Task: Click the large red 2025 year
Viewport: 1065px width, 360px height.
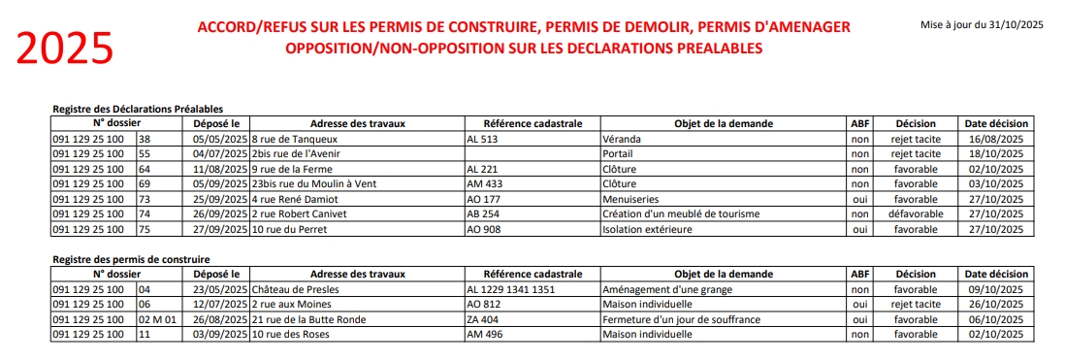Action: point(66,46)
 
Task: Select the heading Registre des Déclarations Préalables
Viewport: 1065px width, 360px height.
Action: point(137,110)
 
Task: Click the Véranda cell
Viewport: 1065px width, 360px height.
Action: point(622,139)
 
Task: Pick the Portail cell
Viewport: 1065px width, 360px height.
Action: point(618,153)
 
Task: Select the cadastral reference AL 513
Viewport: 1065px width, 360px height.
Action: point(483,139)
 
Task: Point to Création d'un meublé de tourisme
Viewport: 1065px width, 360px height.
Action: point(680,213)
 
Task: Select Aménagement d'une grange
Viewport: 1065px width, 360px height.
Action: point(667,289)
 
